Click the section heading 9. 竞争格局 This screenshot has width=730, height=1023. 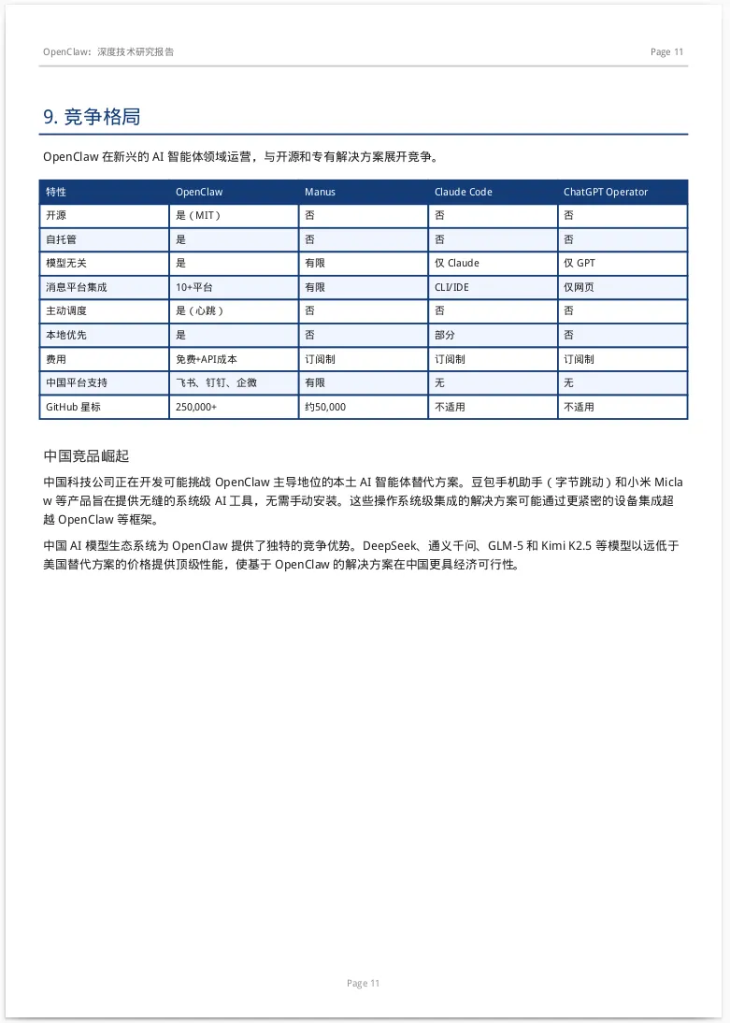click(x=92, y=117)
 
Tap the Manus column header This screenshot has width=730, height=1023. click(x=320, y=192)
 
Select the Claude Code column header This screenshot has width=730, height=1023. click(x=463, y=192)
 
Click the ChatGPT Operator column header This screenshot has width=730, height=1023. click(x=605, y=192)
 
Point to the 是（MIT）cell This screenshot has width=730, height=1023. click(x=198, y=215)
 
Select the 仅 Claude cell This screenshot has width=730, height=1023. click(x=456, y=263)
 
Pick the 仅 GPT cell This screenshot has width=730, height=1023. click(x=579, y=263)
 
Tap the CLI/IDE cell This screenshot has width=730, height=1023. click(x=451, y=287)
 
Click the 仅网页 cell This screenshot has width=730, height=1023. click(x=579, y=287)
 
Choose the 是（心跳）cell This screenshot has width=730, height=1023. click(x=200, y=310)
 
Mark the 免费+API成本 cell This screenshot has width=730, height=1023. click(x=207, y=359)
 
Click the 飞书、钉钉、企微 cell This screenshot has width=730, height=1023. click(x=216, y=382)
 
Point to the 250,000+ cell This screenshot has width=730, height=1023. click(x=196, y=407)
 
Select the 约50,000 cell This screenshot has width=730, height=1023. click(x=325, y=407)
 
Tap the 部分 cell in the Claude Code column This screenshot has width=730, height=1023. click(x=445, y=335)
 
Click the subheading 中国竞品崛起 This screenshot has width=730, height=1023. click(x=86, y=455)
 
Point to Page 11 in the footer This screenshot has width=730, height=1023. click(x=363, y=983)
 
